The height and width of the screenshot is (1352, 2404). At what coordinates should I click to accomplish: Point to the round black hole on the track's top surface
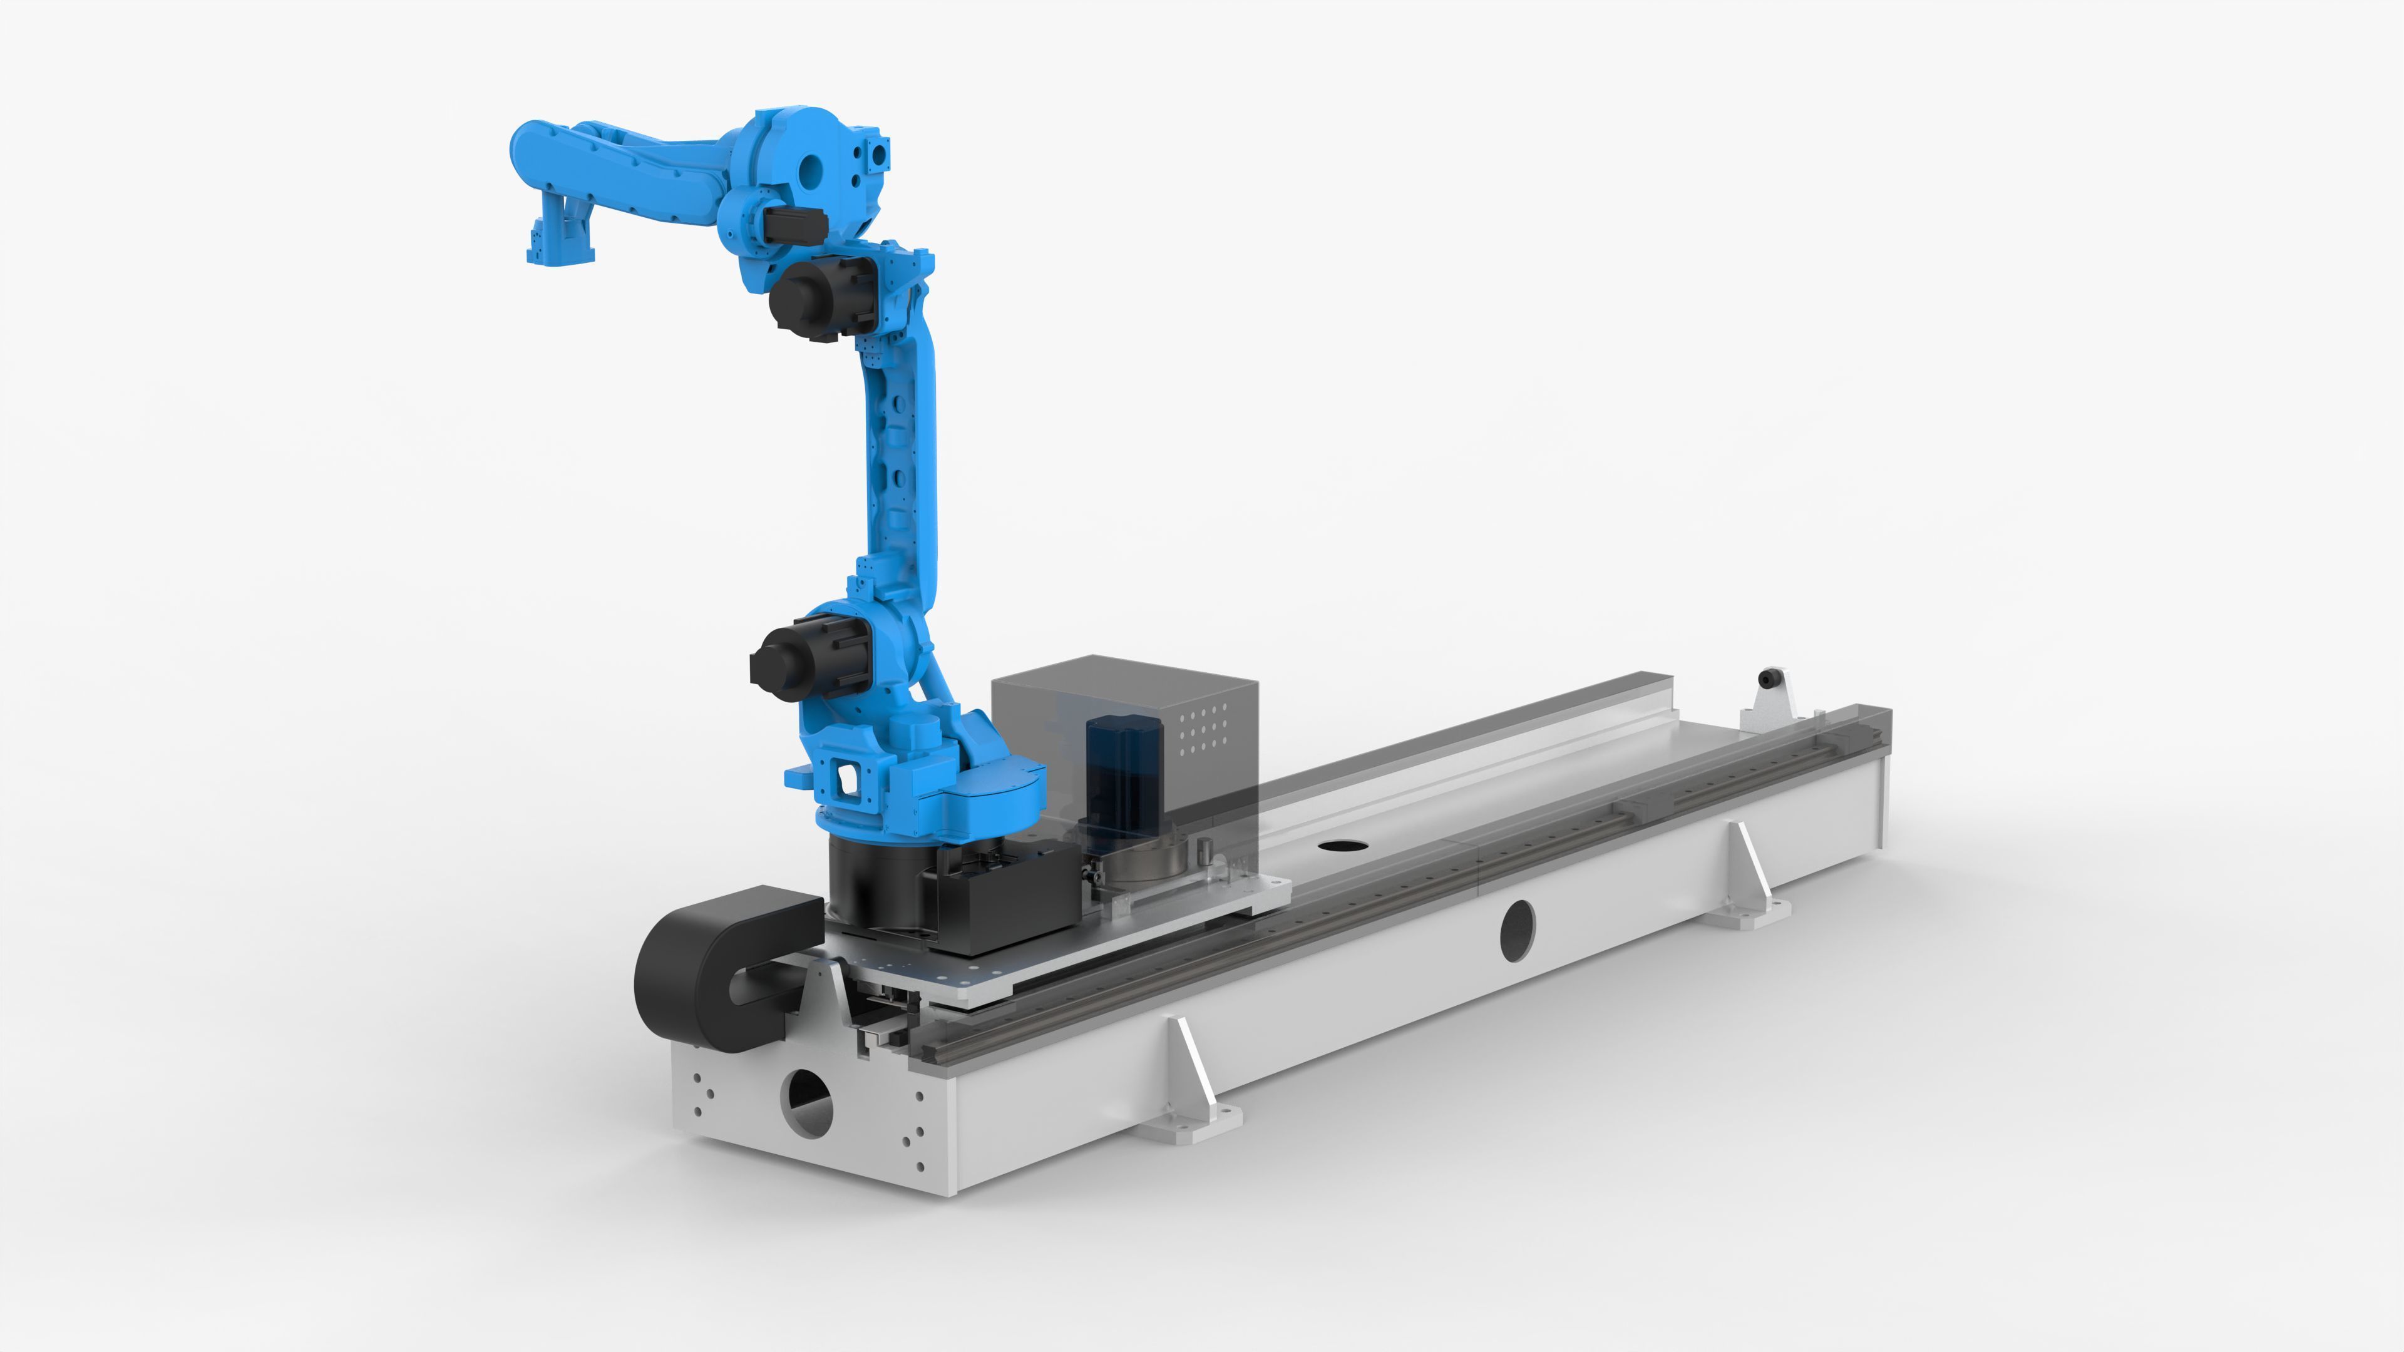1342,846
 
